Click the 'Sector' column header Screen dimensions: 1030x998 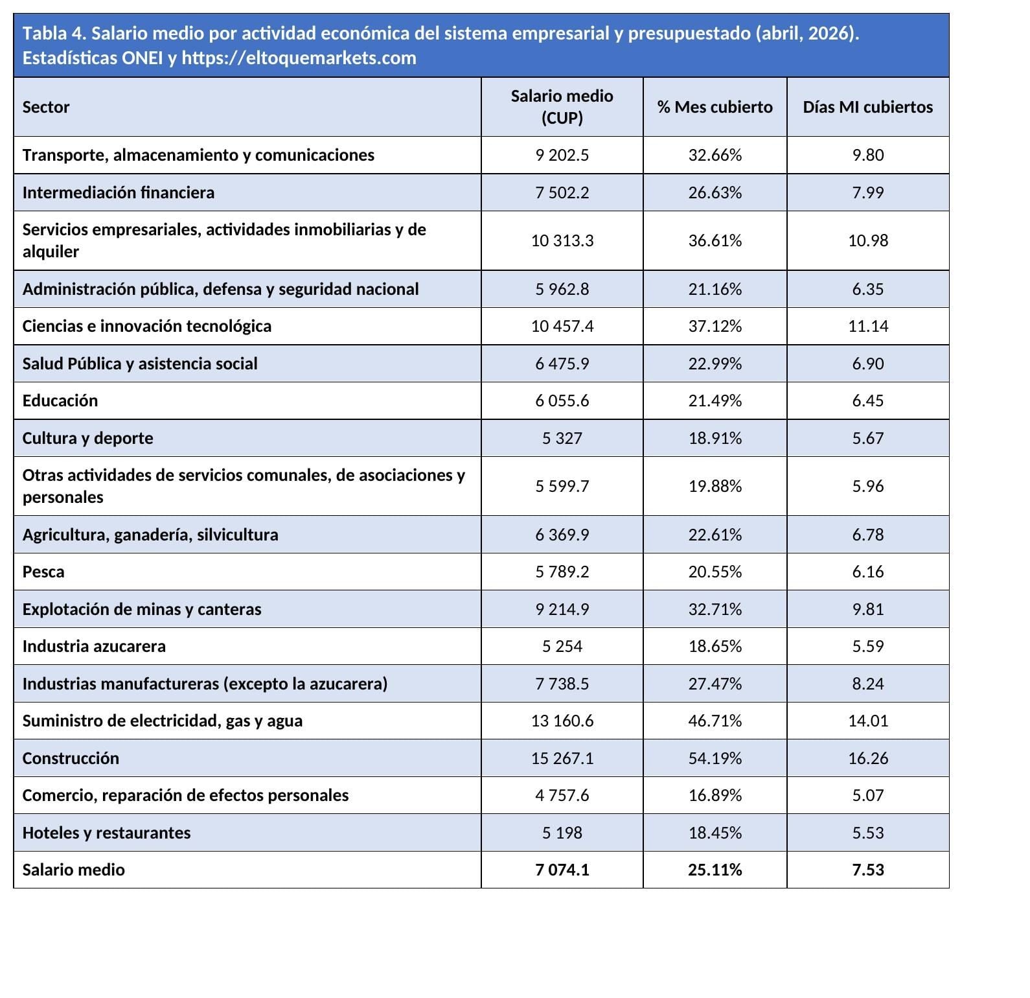point(46,107)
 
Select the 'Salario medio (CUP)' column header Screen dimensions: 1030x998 point(562,107)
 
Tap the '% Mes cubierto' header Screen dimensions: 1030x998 point(715,107)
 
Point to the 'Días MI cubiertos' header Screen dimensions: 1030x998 point(868,107)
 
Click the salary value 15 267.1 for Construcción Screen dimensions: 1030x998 point(562,758)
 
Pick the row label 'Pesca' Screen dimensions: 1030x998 point(43,572)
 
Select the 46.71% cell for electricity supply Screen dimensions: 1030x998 point(715,721)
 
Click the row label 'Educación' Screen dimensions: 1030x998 point(60,400)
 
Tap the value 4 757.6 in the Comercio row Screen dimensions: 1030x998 point(562,795)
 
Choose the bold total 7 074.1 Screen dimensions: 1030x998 point(562,870)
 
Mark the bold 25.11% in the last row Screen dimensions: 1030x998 point(715,870)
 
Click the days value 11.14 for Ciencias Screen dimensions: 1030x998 point(868,326)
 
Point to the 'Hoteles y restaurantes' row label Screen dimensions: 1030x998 point(107,833)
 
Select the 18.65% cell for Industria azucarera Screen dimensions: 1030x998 point(715,646)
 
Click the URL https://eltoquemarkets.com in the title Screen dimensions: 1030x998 point(299,58)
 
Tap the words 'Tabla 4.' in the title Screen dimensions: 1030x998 point(54,33)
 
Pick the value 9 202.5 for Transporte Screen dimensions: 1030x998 point(562,155)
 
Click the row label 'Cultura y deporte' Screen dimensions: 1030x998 point(88,438)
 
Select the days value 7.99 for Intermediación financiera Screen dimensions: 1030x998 point(868,192)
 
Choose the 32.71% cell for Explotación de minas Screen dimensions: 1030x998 point(715,609)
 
